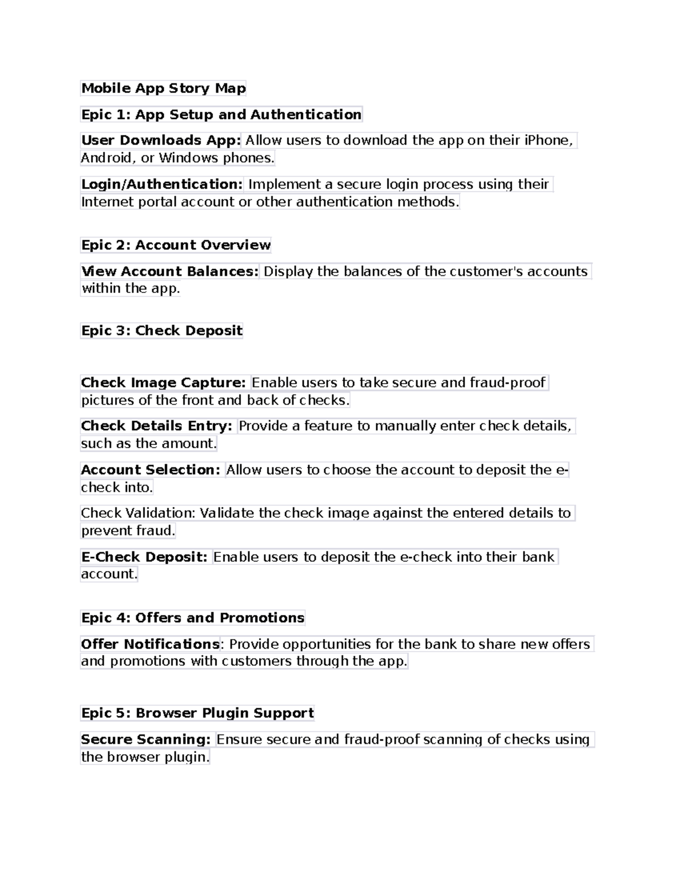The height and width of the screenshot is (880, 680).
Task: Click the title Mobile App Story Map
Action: click(163, 88)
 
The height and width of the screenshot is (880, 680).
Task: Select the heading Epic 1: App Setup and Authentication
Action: click(221, 114)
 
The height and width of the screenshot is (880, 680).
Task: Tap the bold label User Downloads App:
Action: click(161, 140)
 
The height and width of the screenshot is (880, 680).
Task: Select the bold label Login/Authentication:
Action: click(161, 184)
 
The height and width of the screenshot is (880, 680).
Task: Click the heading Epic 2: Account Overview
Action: click(176, 245)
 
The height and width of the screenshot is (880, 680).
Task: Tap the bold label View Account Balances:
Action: click(169, 271)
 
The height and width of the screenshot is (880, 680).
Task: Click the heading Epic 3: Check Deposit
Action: click(161, 330)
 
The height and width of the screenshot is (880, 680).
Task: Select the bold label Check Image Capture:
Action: click(163, 382)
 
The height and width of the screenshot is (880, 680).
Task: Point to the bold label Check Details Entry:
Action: click(156, 426)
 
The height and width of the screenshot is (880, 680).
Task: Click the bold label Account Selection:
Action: click(150, 470)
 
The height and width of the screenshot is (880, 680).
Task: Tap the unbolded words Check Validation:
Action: click(138, 513)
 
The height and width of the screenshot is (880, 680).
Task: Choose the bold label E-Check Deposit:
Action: click(144, 557)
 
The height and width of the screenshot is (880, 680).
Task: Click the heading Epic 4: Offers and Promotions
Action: click(193, 618)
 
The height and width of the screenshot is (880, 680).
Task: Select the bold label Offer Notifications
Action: click(150, 644)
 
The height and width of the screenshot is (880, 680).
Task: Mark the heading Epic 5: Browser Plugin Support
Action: click(197, 713)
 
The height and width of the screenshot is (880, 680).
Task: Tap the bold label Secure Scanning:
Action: click(146, 739)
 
